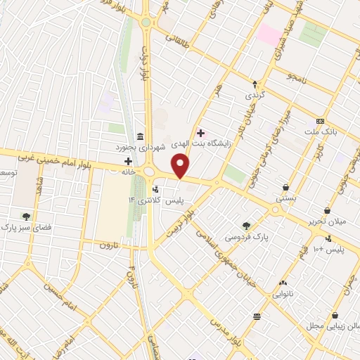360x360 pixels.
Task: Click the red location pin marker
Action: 181,166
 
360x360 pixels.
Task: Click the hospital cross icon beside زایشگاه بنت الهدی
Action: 201,133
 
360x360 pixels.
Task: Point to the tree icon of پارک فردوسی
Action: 246,226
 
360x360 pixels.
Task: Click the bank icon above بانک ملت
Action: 321,121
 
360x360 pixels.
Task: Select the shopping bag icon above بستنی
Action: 285,188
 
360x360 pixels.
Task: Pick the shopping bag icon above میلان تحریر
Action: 327,211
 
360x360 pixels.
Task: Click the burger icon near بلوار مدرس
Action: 257,316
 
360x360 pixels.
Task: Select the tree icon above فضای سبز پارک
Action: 26,217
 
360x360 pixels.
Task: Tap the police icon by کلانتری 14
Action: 155,190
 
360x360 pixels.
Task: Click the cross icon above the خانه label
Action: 127,161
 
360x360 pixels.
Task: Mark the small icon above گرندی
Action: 254,83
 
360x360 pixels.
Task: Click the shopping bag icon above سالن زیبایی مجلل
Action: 335,315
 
